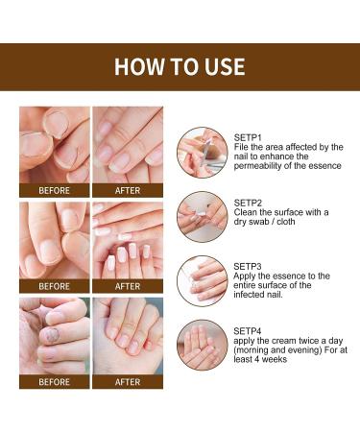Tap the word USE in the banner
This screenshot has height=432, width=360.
[224, 66]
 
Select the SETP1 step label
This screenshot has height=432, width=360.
[249, 135]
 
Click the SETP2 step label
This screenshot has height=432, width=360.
[249, 204]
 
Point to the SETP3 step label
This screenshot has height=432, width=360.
[249, 263]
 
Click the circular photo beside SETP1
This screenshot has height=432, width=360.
[202, 152]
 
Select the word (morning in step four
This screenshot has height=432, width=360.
[257, 352]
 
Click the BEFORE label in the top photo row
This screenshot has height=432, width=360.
[54, 190]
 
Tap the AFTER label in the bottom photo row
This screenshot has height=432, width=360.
[128, 381]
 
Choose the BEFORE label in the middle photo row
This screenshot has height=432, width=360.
[54, 286]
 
